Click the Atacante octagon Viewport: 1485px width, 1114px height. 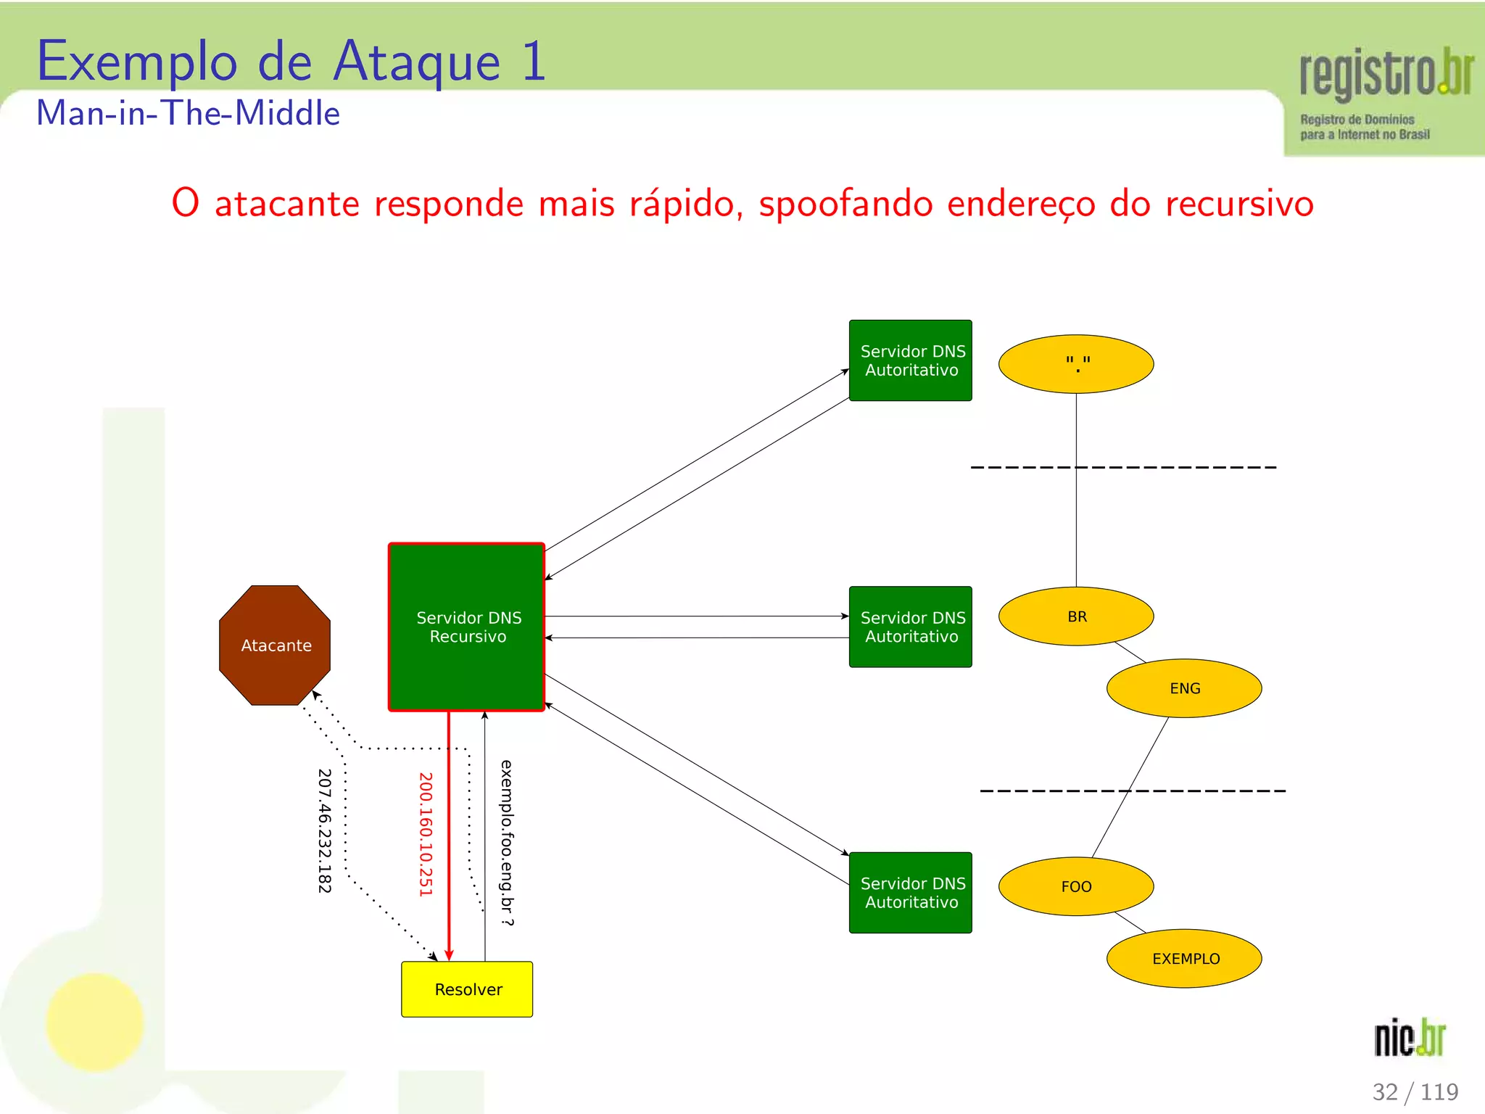tap(275, 645)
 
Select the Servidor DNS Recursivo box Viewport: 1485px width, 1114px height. tap(466, 627)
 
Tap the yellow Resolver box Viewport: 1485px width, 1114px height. tap(467, 989)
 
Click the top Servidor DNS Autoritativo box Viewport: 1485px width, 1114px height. tap(910, 360)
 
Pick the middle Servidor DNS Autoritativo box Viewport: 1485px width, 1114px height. tap(910, 627)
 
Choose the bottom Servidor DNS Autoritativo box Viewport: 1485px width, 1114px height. tap(910, 892)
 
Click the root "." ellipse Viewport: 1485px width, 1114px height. tap(1076, 364)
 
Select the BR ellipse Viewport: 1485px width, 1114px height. tap(1076, 616)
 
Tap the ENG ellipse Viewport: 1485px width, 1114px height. tap(1184, 688)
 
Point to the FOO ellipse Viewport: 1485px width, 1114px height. tap(1076, 886)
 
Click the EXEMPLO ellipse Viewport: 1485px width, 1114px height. tap(1184, 958)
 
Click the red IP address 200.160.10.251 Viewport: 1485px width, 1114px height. tap(426, 834)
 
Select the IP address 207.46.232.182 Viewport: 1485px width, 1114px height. tap(324, 830)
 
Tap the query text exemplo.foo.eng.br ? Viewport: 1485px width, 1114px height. tap(507, 843)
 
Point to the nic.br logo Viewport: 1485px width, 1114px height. tap(1410, 1038)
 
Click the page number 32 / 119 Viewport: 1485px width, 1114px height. tap(1415, 1092)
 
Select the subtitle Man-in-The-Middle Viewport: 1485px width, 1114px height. tap(189, 114)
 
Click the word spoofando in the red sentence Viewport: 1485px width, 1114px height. tap(845, 203)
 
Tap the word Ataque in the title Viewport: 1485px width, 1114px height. tap(417, 62)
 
